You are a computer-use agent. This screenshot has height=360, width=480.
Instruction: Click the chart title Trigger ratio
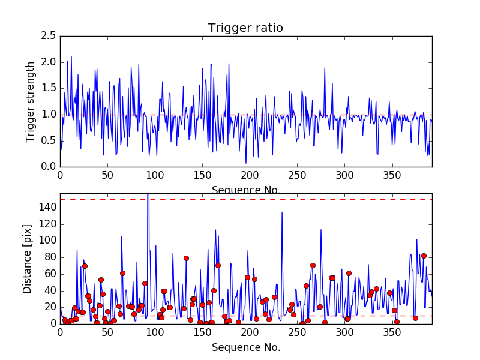(x=245, y=28)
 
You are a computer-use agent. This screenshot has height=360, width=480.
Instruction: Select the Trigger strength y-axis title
(x=31, y=101)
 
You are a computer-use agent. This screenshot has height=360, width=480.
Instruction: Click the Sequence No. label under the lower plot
(x=246, y=347)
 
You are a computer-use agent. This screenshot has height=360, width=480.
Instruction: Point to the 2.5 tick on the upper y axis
(x=49, y=36)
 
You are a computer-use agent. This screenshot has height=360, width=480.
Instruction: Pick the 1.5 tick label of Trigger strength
(x=49, y=88)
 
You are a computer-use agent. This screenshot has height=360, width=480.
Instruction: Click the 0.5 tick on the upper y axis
(x=49, y=140)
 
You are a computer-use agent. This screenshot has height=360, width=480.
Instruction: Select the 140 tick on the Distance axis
(x=47, y=208)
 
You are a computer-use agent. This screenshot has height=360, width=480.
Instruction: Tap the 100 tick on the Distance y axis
(x=47, y=241)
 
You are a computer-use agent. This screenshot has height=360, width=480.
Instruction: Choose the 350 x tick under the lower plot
(x=391, y=332)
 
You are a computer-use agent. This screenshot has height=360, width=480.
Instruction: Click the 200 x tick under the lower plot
(x=250, y=332)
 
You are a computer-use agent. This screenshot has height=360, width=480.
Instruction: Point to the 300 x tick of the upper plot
(x=344, y=175)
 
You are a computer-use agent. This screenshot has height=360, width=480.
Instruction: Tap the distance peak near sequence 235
(x=282, y=212)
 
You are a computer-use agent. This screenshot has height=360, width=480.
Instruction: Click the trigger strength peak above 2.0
(x=71, y=56)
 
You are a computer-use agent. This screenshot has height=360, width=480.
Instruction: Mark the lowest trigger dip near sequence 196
(x=246, y=163)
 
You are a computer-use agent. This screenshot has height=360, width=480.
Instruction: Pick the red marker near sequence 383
(x=424, y=256)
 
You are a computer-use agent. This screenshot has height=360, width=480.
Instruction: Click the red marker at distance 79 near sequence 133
(x=186, y=258)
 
